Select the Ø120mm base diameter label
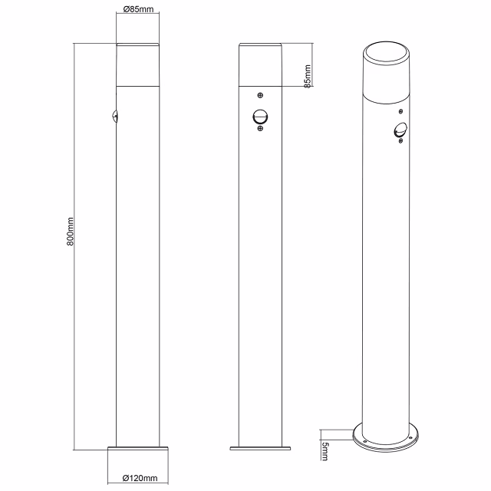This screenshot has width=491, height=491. pyautogui.click(x=140, y=478)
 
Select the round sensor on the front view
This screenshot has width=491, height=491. pyautogui.click(x=261, y=117)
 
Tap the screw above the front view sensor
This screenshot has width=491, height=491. pyautogui.click(x=261, y=96)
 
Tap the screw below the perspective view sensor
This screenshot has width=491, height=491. pyautogui.click(x=400, y=141)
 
